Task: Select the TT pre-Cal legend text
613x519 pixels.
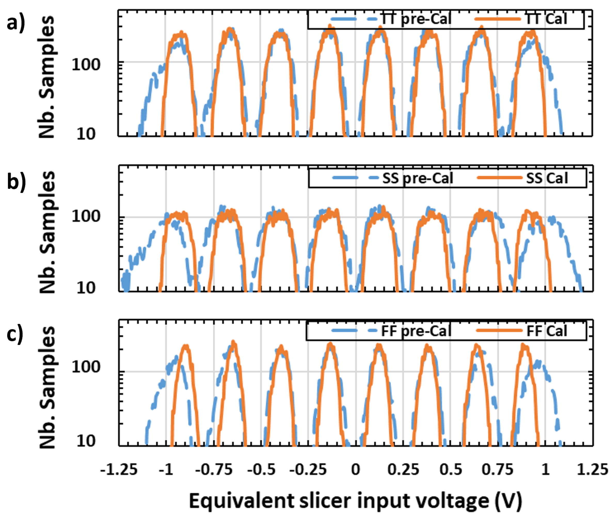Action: [416, 19]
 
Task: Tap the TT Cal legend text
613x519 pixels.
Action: [546, 19]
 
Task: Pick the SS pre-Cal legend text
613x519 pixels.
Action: [418, 178]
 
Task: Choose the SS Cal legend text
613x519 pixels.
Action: [547, 178]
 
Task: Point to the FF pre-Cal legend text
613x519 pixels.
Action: [416, 331]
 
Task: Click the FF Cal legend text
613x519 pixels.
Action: [546, 331]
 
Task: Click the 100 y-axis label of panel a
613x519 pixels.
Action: [86, 64]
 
